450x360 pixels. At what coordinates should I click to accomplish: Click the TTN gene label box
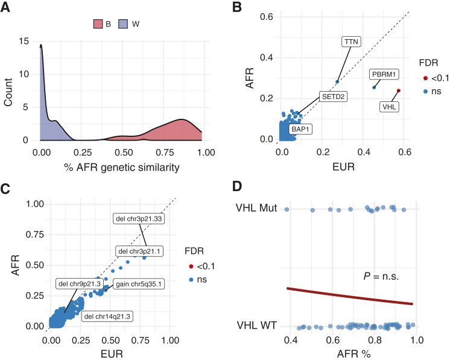pos(350,42)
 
